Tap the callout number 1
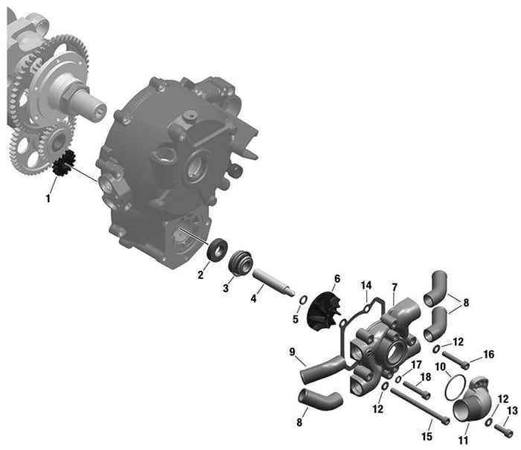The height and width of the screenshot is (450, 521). coord(48,199)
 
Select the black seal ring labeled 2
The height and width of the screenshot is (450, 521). coord(217,249)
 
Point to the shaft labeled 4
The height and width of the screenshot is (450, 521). coord(273,282)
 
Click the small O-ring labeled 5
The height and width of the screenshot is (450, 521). coord(304,300)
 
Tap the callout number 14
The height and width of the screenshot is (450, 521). coord(366,286)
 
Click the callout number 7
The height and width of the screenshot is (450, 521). coord(394,287)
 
